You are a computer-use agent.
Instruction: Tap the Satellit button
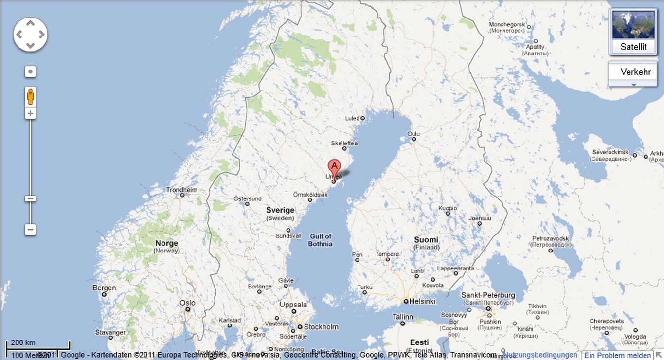(x=633, y=47)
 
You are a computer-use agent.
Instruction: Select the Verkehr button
(x=635, y=72)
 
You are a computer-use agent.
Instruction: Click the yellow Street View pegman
(x=30, y=96)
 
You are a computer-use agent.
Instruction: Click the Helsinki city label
(x=422, y=301)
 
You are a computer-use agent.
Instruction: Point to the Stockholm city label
(x=321, y=327)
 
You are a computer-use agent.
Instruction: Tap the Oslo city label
(x=187, y=303)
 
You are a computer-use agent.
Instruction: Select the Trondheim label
(x=182, y=190)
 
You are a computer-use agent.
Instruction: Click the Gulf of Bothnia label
(x=320, y=240)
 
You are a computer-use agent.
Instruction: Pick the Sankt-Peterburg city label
(x=488, y=295)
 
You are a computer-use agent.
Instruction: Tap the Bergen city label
(x=104, y=288)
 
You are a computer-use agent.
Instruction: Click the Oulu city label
(x=413, y=133)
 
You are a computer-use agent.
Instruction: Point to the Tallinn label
(x=402, y=317)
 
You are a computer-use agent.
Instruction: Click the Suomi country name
(x=426, y=240)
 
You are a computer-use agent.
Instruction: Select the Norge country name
(x=166, y=243)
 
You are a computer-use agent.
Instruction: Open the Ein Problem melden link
(x=617, y=356)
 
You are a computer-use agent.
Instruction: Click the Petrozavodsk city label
(x=550, y=239)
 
